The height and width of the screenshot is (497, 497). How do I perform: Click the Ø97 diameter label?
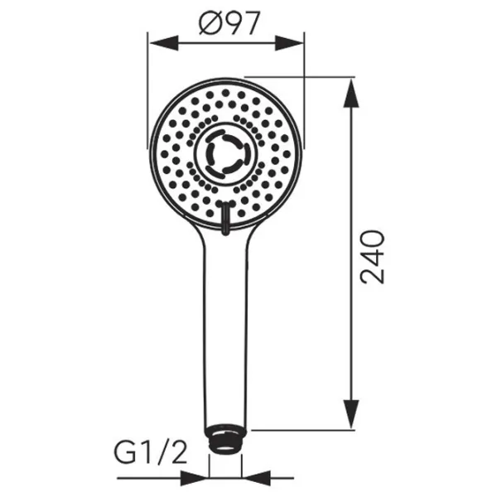coord(229,23)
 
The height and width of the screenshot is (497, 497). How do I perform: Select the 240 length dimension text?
coord(373,257)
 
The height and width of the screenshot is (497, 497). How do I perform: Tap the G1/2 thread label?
coord(151,455)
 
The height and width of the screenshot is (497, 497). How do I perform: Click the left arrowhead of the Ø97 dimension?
coord(163,43)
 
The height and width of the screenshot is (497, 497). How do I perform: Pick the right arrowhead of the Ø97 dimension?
coord(289,43)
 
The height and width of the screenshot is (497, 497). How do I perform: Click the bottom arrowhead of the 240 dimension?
coord(351,414)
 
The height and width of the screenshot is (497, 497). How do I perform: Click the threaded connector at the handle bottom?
coord(225,440)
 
